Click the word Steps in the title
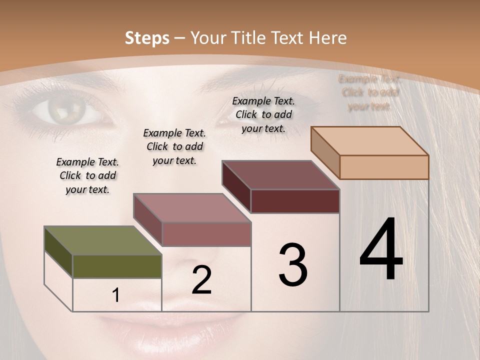coord(147,38)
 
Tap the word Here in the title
coord(327,38)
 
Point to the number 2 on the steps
coord(201,280)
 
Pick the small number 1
coord(116,295)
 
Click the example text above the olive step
coord(87,175)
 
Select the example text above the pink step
coord(174,146)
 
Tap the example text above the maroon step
coord(263,114)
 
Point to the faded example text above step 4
coord(369,92)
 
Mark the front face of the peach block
coord(384,167)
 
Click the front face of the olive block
coord(117,266)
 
